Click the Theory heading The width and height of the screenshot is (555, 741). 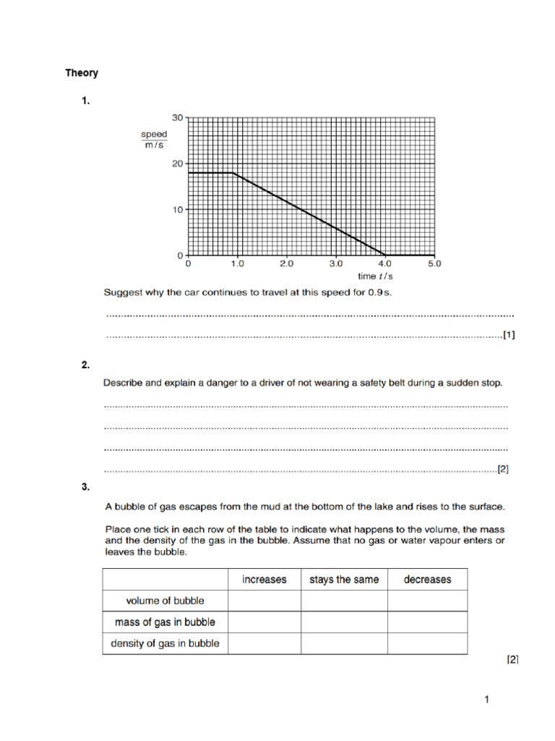pos(82,73)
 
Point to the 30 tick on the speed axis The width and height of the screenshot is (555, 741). pos(178,117)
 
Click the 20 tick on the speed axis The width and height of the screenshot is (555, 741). pos(178,164)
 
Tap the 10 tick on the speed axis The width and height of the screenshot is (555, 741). pos(178,210)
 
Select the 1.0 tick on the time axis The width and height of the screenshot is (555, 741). pos(237,265)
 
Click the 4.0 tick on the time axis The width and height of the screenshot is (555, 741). pos(384,265)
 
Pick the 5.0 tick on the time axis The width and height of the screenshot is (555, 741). pos(433,265)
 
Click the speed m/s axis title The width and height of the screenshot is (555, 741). pos(154,140)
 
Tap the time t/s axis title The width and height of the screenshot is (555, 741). pos(374,276)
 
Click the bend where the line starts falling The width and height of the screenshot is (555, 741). pos(233,173)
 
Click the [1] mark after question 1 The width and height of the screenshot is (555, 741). pos(509,335)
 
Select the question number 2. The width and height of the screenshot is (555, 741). pos(85,365)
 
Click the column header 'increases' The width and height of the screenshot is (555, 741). pos(264,580)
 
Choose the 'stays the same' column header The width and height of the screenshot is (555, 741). pos(344,580)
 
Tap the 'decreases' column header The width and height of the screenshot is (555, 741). pos(427,580)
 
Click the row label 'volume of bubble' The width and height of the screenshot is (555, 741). pos(165,601)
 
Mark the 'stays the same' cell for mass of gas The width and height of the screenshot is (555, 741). pos(344,622)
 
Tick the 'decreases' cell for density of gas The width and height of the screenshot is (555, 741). pos(427,643)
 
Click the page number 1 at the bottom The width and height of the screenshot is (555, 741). pos(487,700)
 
